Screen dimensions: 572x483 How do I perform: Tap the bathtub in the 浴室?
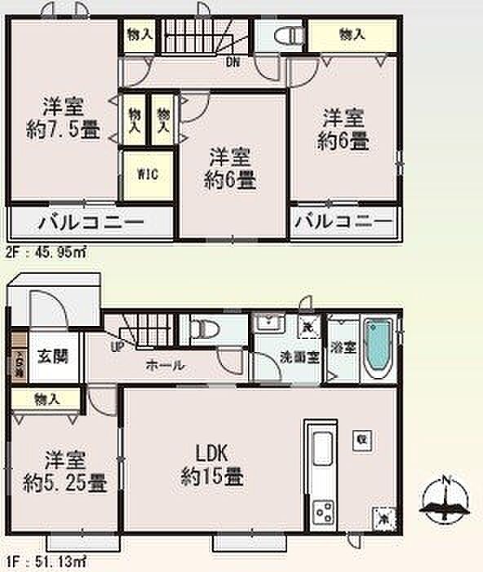378,348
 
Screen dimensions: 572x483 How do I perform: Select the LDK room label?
210,454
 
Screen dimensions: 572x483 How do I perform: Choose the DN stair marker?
233,60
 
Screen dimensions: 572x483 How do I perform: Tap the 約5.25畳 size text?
65,482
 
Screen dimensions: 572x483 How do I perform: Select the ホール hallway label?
164,366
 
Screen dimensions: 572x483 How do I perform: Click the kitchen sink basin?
321,449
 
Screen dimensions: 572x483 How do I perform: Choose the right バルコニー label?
343,222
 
